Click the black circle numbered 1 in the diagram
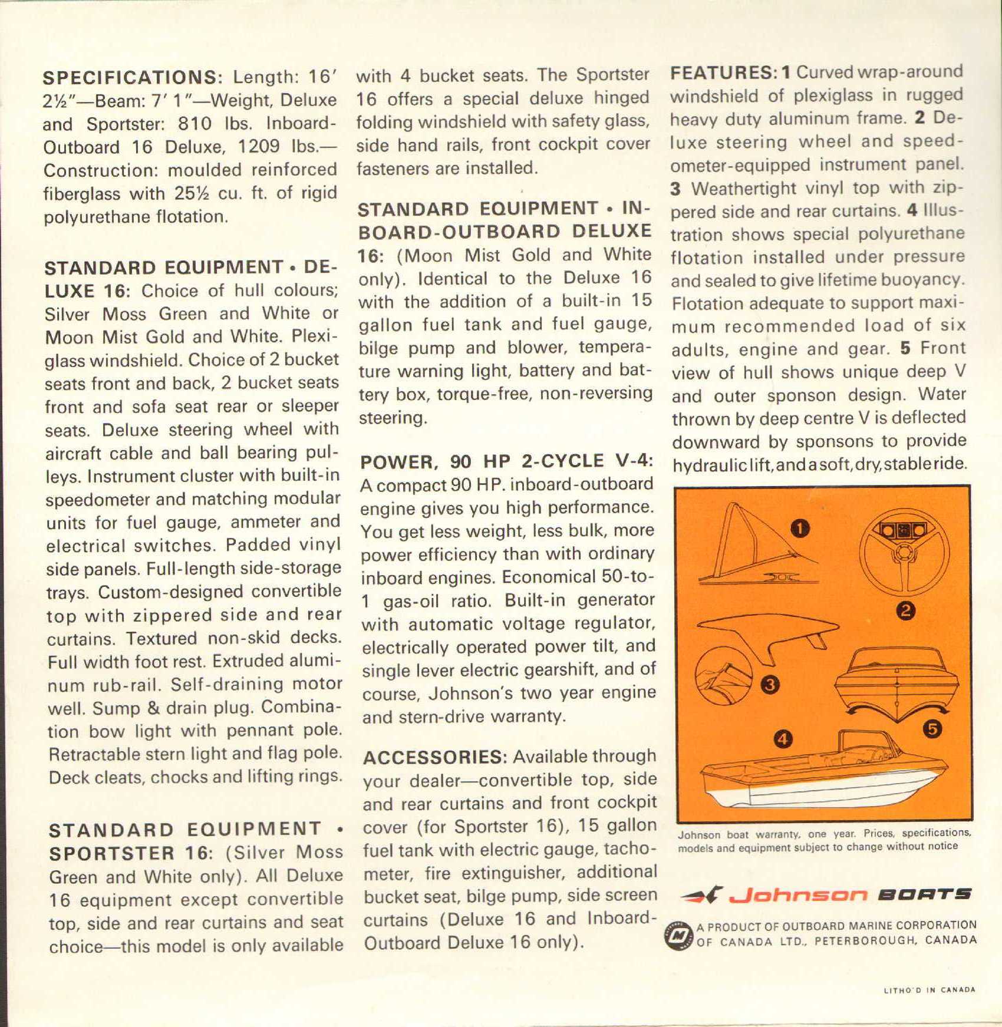pyautogui.click(x=799, y=529)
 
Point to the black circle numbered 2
pyautogui.click(x=906, y=610)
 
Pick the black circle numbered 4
pyautogui.click(x=783, y=738)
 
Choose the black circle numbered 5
pyautogui.click(x=932, y=729)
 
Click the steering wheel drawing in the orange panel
pyautogui.click(x=904, y=550)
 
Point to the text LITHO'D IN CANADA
pyautogui.click(x=929, y=990)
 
